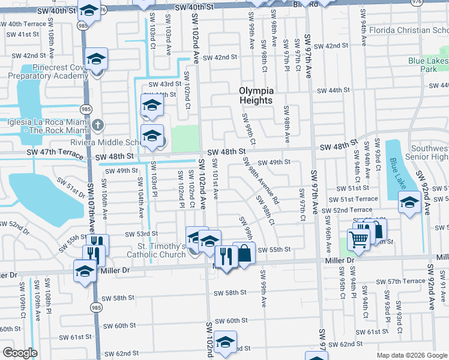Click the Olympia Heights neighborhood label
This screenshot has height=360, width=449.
coord(256,95)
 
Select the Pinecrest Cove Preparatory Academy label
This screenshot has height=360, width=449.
coord(53,72)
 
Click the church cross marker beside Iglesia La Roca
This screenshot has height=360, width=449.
coord(99,125)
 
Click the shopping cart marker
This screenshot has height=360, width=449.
coord(358,240)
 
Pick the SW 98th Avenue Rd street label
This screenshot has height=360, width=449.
coord(260,181)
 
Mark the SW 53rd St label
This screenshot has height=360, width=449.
coord(141,233)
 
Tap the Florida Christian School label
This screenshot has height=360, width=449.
coord(408,31)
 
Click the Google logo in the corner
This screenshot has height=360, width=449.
coord(20,353)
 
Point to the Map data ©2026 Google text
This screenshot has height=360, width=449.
coord(411,355)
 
